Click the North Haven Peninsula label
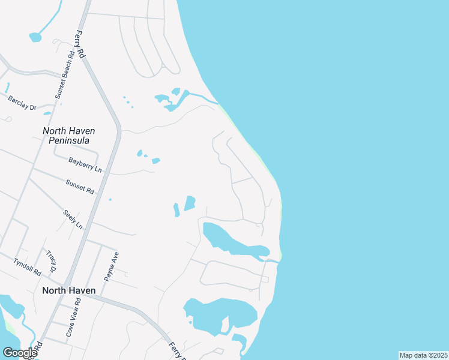point(69,136)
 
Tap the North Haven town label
point(68,290)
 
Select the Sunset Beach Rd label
point(64,74)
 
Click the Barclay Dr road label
point(22,103)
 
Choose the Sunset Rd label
point(80,187)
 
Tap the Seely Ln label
point(73,218)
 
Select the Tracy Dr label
point(53,260)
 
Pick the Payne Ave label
point(109,266)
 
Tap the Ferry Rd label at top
point(80,44)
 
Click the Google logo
point(19,353)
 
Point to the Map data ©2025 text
point(423,355)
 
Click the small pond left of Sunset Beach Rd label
point(35,37)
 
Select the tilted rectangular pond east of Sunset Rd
point(190,203)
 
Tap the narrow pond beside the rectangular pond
point(176,210)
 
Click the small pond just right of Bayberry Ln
point(156,161)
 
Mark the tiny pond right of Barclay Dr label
point(47,113)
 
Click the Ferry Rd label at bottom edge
point(176,351)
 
